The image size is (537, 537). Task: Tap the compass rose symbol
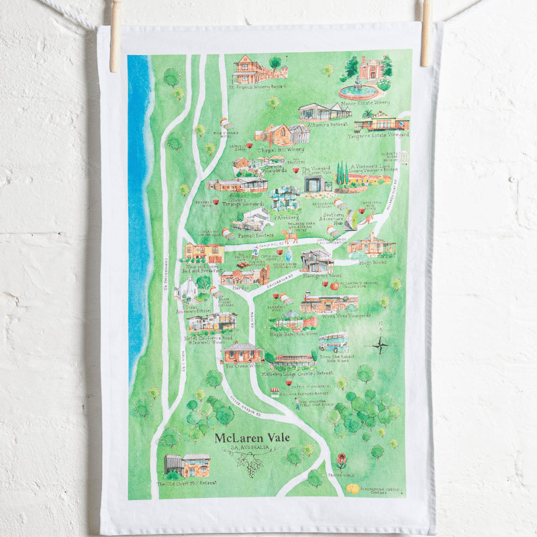click(379, 345)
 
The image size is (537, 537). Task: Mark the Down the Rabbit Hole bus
click(334, 342)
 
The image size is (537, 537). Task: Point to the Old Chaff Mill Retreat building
click(188, 465)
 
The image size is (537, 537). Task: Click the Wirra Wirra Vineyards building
click(328, 303)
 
